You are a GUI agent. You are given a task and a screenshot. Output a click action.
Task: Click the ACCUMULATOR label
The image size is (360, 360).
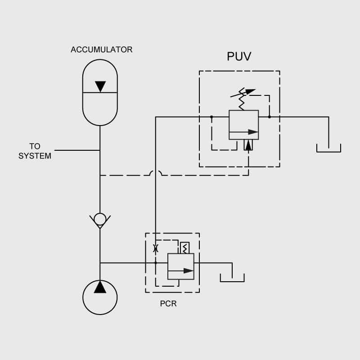[x=102, y=49]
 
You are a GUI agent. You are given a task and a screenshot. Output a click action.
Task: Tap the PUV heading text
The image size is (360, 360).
[x=239, y=57]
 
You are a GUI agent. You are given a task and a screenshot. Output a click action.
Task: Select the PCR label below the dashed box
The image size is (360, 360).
[x=168, y=304]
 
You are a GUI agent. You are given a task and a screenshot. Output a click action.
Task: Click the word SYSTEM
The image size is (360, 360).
[x=35, y=156]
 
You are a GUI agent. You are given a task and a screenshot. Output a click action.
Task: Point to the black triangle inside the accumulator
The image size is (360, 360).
[x=100, y=86]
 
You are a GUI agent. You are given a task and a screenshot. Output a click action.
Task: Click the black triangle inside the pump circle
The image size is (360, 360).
[x=100, y=287]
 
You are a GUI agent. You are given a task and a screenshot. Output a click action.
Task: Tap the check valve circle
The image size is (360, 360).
[x=100, y=219]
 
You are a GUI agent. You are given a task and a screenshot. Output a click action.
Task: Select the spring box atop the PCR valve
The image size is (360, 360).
[x=185, y=248]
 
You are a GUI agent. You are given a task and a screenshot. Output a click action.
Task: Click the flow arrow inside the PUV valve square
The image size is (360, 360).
[x=243, y=132]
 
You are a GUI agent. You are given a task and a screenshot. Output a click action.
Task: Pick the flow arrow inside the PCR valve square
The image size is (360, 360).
[x=181, y=271]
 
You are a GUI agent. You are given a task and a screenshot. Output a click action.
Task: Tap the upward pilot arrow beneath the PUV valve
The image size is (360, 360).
[x=248, y=145]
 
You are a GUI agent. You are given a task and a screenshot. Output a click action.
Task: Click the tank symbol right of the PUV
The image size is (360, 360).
[x=328, y=148]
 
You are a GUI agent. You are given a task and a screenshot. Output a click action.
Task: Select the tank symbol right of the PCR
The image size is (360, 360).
[x=232, y=278]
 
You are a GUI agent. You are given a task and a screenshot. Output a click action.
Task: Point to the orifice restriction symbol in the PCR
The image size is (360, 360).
[x=156, y=248]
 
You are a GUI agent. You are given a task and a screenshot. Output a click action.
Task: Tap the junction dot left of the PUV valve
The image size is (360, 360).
[x=211, y=117]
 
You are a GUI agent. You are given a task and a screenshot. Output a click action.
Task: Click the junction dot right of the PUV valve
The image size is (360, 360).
[x=269, y=117]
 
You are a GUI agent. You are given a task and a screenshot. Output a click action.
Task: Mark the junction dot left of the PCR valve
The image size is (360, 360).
[x=156, y=263]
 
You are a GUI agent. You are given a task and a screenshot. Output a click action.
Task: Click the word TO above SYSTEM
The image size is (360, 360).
[x=35, y=146]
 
